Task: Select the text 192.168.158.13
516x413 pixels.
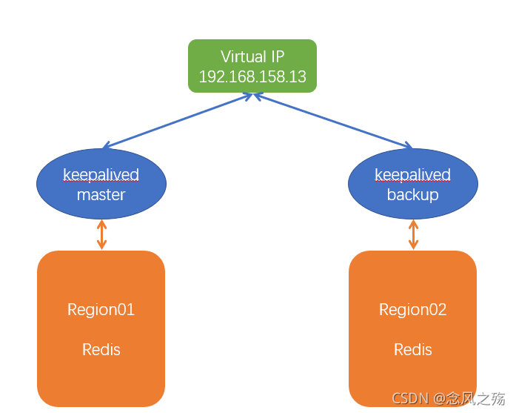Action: coord(252,77)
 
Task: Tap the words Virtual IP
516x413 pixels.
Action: coord(252,57)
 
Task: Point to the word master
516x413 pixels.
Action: coord(101,195)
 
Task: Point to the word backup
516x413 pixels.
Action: coord(412,195)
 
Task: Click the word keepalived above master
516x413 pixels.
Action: coord(101,176)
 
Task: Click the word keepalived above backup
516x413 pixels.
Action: coord(412,176)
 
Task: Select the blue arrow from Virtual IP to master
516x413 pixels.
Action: coord(178,120)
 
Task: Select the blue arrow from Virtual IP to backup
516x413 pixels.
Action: coord(333,120)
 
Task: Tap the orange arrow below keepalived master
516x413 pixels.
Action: coord(101,234)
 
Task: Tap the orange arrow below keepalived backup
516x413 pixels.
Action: coord(413,234)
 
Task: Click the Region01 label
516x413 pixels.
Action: coord(101,310)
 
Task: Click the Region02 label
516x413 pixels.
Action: coord(413,310)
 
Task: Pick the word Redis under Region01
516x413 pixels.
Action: coord(101,349)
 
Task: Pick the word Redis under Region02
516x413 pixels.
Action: coord(413,349)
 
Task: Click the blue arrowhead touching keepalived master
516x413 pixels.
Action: coord(108,145)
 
